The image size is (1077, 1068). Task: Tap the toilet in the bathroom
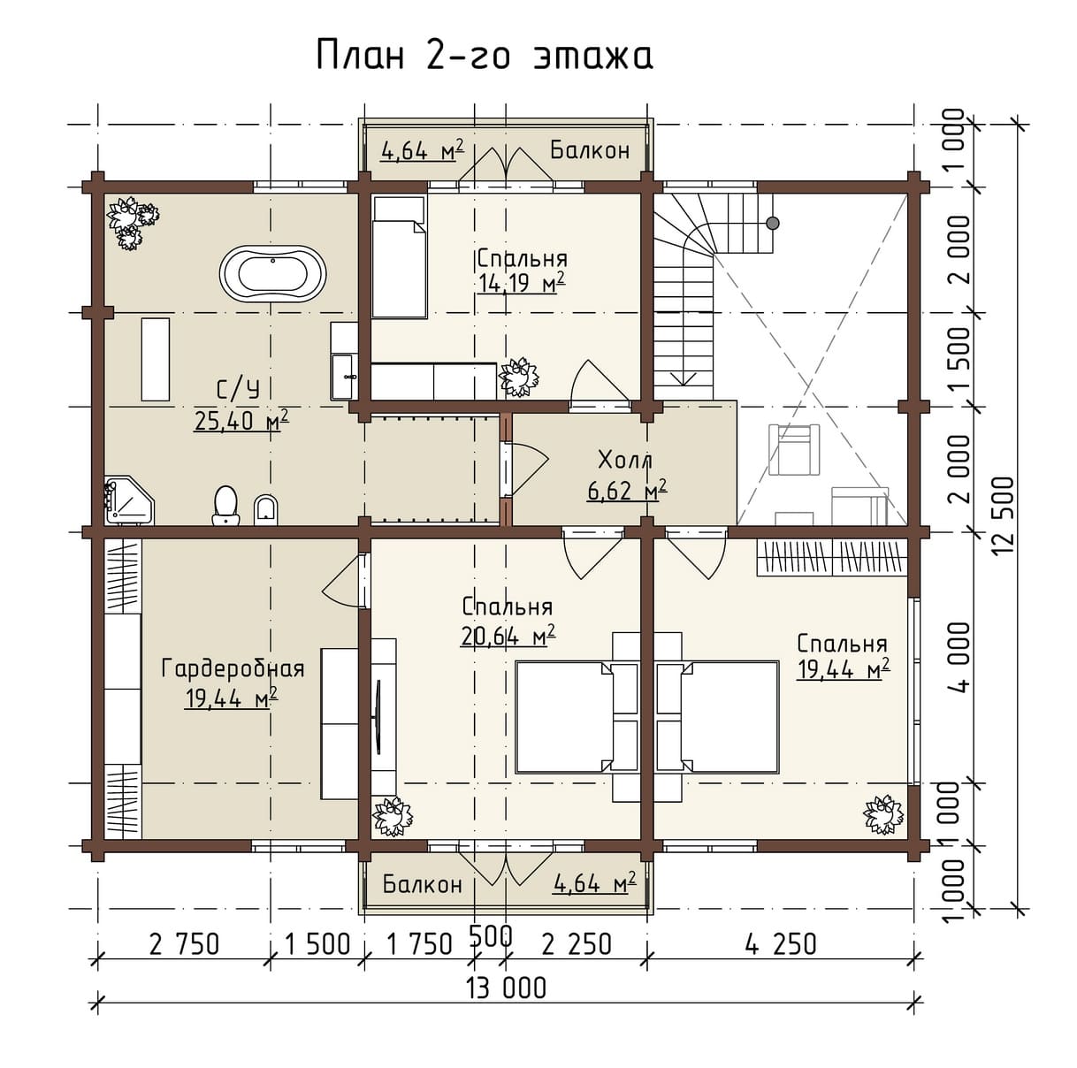(x=225, y=505)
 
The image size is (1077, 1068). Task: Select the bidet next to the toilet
(x=265, y=510)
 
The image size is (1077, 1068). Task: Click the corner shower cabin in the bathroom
(x=129, y=500)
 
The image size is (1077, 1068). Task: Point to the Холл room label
(x=625, y=462)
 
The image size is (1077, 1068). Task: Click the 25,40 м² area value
(x=241, y=420)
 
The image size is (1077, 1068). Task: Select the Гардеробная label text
(x=233, y=668)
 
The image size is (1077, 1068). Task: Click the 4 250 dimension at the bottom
(x=781, y=943)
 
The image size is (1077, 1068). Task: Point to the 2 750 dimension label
(x=185, y=944)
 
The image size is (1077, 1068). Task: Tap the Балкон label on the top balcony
(x=590, y=149)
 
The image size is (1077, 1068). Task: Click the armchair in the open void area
(x=794, y=450)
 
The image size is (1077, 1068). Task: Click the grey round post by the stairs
(x=773, y=223)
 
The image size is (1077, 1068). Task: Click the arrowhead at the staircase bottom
(x=683, y=378)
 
